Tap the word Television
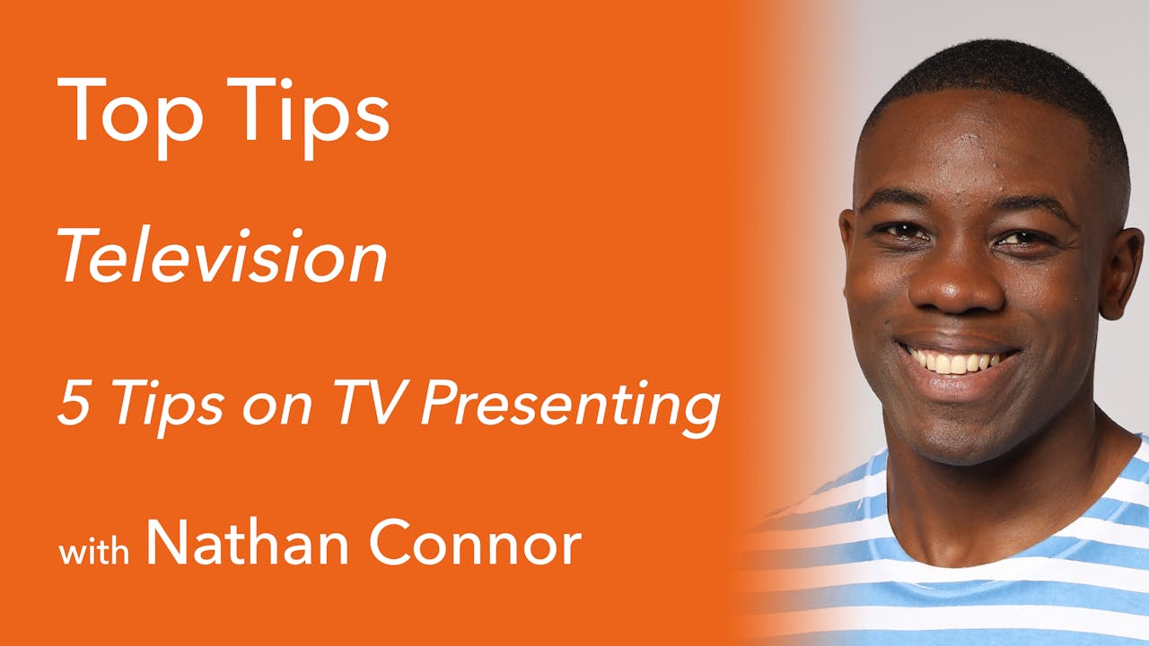click(223, 257)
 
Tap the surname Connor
click(476, 543)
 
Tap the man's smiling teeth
click(955, 361)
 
